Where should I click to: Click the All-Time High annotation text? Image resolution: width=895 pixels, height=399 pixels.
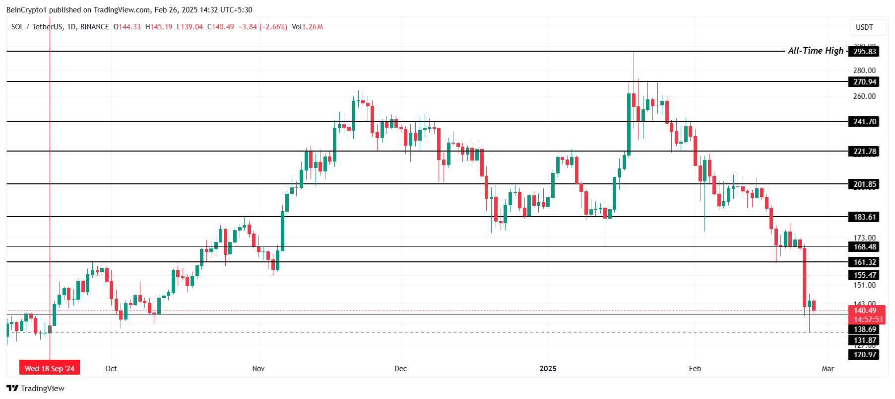[815, 51]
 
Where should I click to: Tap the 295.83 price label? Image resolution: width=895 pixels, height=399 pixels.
[865, 52]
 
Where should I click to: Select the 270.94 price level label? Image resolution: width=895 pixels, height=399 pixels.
[865, 82]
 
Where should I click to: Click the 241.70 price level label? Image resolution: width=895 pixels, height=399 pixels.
[865, 122]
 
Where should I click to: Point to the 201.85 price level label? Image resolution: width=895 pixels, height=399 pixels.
[865, 184]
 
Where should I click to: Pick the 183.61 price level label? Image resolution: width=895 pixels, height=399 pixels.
[865, 217]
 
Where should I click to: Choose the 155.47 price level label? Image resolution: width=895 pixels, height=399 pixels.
[865, 275]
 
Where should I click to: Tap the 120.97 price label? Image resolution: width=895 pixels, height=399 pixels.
[865, 355]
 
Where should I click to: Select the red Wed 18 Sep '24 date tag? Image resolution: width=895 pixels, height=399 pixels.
[50, 368]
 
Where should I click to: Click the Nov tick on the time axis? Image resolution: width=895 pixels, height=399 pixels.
[258, 369]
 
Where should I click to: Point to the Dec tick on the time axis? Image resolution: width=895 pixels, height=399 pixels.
[400, 369]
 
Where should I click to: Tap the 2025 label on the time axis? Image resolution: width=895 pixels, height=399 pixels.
[548, 369]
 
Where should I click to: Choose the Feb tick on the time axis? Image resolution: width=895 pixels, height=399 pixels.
[695, 369]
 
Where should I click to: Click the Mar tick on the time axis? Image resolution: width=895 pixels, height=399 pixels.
[828, 369]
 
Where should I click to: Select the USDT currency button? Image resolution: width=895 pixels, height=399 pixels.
[864, 27]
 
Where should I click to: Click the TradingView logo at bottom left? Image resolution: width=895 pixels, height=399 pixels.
[35, 389]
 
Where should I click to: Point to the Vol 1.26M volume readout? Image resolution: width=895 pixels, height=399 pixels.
[308, 27]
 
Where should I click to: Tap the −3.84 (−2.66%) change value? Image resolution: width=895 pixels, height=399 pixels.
[263, 27]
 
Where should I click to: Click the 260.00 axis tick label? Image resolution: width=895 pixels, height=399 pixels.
[864, 96]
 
